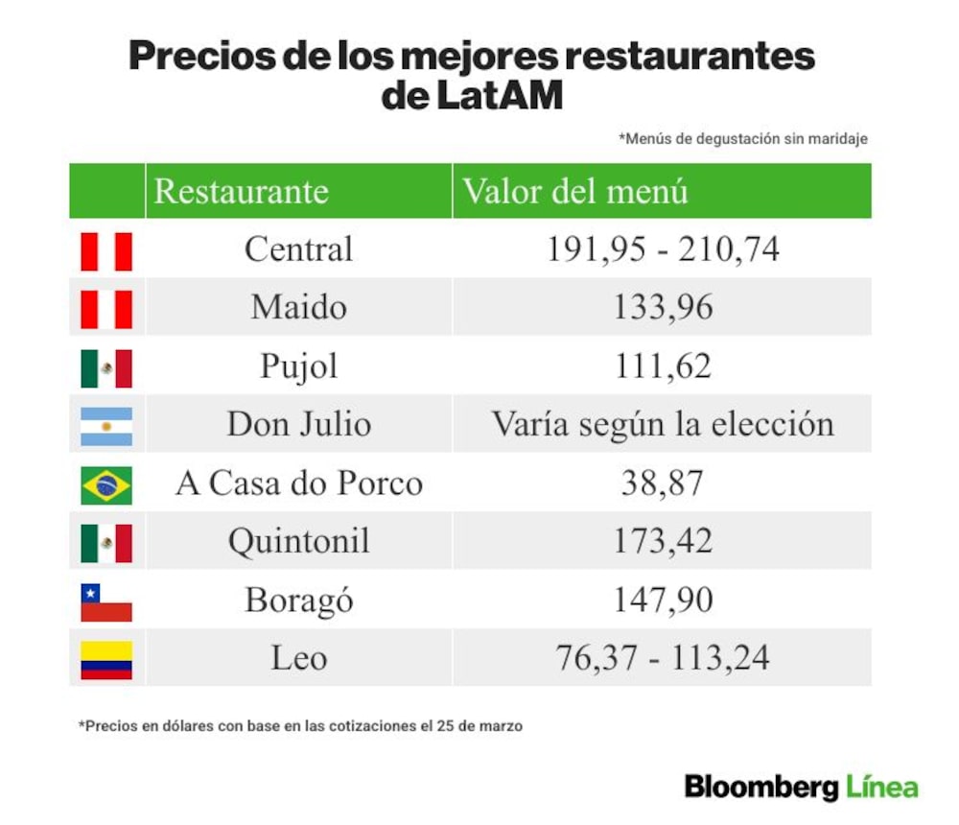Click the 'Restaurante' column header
pos(241,191)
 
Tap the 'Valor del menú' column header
pos(575,191)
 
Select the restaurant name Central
pos(298,249)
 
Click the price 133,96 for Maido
pos(663,307)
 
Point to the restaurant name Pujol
pos(299,366)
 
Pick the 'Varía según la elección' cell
pos(663,423)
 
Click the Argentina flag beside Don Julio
pos(106,427)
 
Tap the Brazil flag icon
pos(106,485)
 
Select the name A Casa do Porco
pos(299,483)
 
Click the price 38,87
pos(663,483)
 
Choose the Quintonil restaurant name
pos(299,542)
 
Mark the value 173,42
pos(663,541)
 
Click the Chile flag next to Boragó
pos(106,602)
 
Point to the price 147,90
pos(663,600)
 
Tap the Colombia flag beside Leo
pos(106,660)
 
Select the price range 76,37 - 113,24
pos(663,658)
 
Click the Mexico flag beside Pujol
pos(106,369)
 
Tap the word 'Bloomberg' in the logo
pos(761,787)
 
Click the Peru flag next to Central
pos(106,251)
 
